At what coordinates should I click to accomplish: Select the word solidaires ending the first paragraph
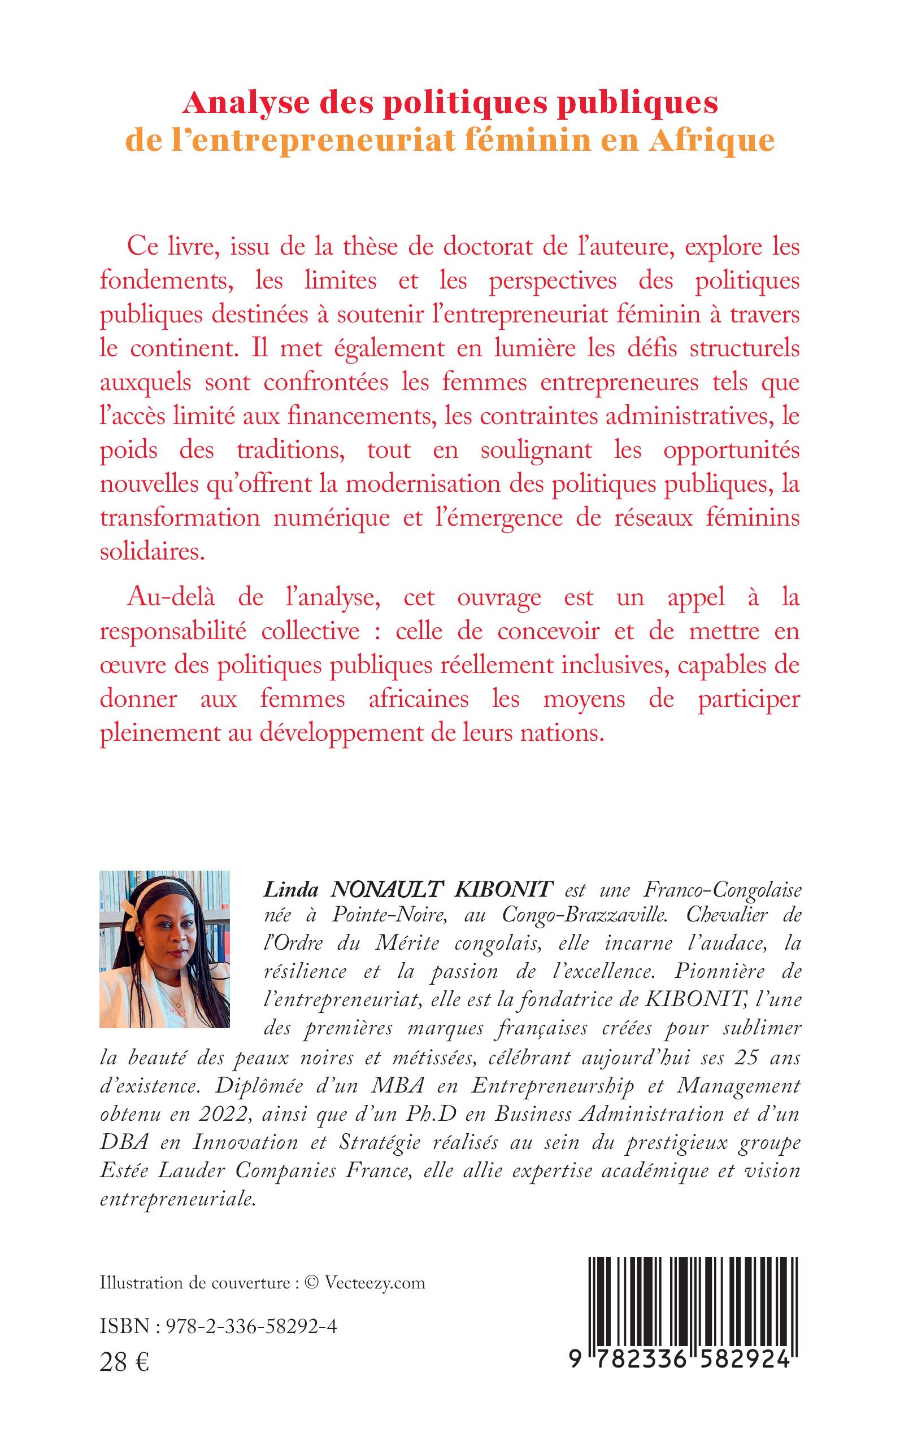152,552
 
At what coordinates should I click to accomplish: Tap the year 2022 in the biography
217,1114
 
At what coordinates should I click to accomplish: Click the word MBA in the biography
398,1086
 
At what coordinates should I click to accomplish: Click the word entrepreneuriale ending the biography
177,1199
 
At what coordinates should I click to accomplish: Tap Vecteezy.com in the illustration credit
375,1282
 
